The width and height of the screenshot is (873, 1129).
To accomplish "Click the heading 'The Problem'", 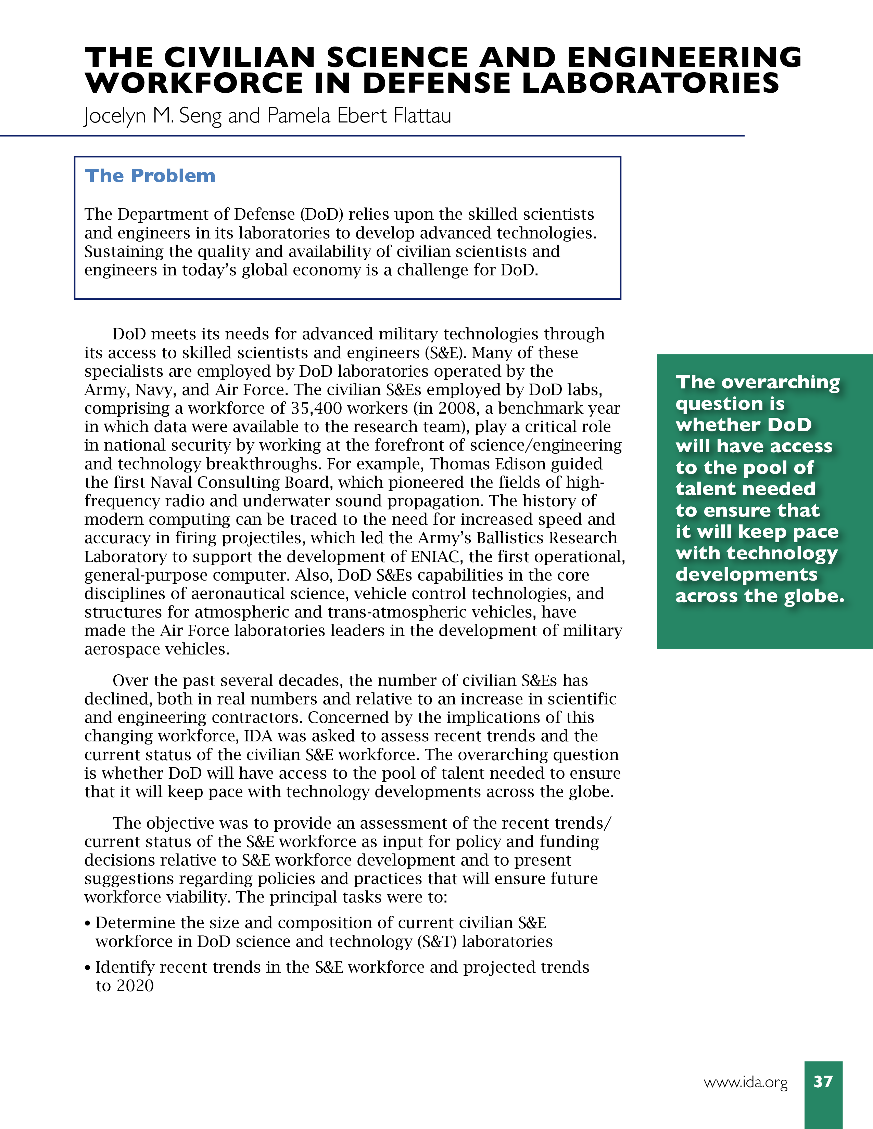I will [x=150, y=176].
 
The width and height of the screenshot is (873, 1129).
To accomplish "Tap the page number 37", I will [x=823, y=1081].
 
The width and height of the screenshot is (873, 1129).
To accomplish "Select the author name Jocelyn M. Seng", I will [x=153, y=116].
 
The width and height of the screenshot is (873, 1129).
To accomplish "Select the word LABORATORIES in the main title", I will [x=650, y=84].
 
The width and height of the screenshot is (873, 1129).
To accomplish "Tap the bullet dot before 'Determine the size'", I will [x=88, y=924].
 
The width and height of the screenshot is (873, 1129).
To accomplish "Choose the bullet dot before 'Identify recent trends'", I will [x=88, y=968].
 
